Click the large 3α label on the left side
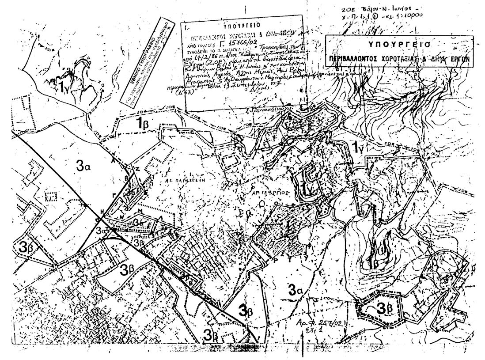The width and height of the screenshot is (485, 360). click(83, 167)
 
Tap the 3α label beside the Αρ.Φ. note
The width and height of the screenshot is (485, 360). click(296, 290)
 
